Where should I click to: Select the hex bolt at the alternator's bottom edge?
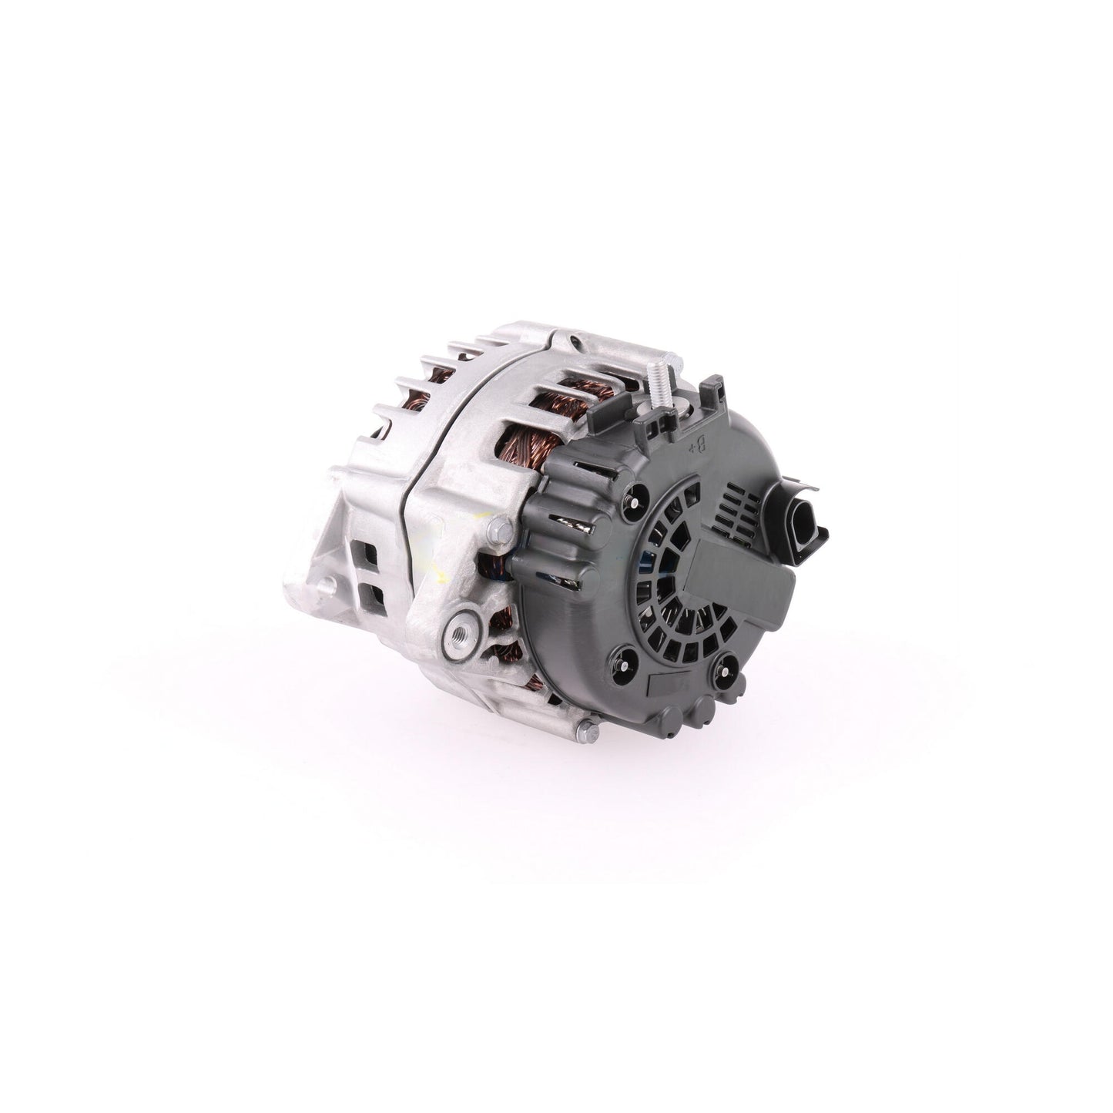coord(588,733)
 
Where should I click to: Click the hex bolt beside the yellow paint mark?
coord(500,532)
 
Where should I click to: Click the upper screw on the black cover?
coord(634,503)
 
